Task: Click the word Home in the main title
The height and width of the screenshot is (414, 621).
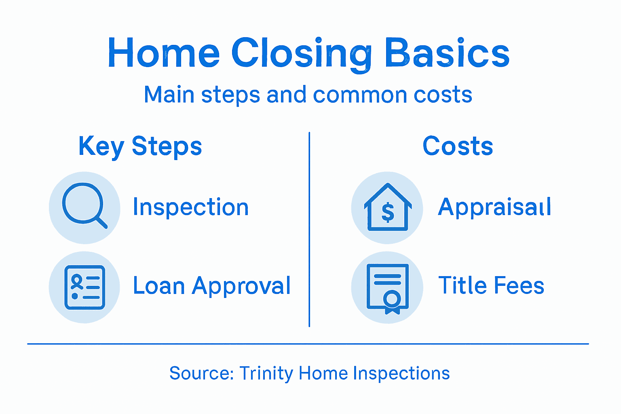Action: [163, 53]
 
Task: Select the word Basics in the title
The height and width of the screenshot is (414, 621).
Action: [447, 53]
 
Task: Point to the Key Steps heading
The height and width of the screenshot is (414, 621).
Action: [140, 146]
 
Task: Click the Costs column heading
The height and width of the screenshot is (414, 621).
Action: [458, 146]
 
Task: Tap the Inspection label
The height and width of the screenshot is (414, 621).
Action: [190, 207]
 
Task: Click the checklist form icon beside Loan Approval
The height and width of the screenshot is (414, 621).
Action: [84, 287]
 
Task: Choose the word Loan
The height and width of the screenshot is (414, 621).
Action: [159, 286]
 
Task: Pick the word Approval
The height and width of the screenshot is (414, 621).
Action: [241, 287]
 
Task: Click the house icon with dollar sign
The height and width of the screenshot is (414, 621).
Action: [387, 208]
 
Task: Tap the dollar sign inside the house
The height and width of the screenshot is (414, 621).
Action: [388, 213]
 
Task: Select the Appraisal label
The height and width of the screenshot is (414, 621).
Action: [494, 207]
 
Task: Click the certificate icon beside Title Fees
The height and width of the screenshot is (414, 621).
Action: [387, 287]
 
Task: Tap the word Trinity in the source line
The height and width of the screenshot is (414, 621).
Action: [266, 373]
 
